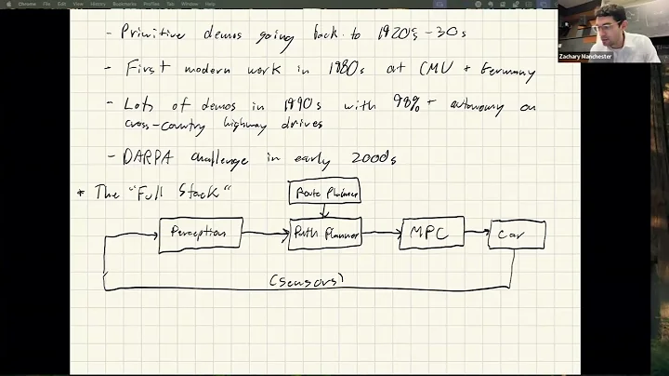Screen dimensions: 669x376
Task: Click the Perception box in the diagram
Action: tap(200, 233)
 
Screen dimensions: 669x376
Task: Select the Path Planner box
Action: tap(324, 234)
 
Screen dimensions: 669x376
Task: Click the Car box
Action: tap(517, 236)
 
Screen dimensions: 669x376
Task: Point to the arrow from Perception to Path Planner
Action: tap(265, 234)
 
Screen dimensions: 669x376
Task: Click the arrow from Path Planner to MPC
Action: tap(380, 234)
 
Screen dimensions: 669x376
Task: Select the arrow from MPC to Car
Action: tap(475, 234)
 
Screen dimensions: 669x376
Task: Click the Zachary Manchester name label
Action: tap(585, 56)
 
